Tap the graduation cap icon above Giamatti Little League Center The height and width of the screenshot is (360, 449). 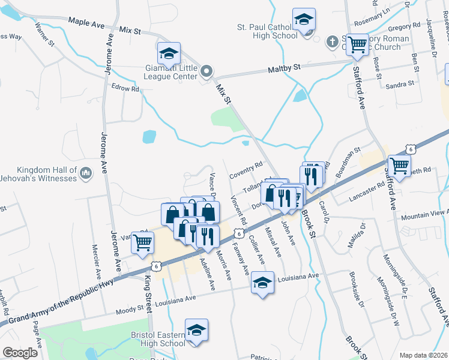tap(169, 54)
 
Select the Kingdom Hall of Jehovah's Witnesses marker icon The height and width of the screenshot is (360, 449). tap(87, 174)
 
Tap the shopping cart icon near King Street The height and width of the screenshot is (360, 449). tap(143, 244)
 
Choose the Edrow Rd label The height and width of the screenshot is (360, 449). tap(125, 89)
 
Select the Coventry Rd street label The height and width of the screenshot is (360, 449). tap(246, 166)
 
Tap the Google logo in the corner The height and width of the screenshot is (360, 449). tap(20, 353)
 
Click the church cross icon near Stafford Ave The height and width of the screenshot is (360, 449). tap(332, 43)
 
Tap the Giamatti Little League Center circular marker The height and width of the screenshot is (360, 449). tap(206, 72)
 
